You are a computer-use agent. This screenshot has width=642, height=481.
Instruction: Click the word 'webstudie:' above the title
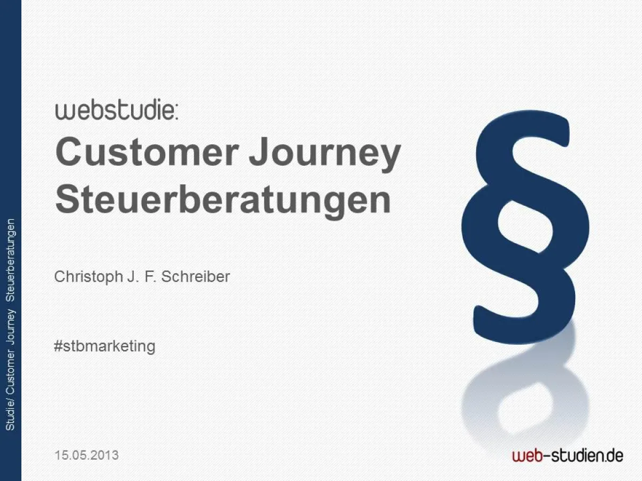117,111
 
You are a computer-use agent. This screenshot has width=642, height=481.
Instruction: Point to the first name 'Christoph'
88,277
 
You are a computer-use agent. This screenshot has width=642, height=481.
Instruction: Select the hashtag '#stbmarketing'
105,346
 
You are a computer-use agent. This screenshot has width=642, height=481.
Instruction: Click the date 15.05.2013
87,455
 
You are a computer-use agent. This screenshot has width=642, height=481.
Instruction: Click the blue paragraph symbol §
525,224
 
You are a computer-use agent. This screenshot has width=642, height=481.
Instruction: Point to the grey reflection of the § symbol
524,390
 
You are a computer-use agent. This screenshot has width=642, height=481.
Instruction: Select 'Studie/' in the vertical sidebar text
10,414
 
